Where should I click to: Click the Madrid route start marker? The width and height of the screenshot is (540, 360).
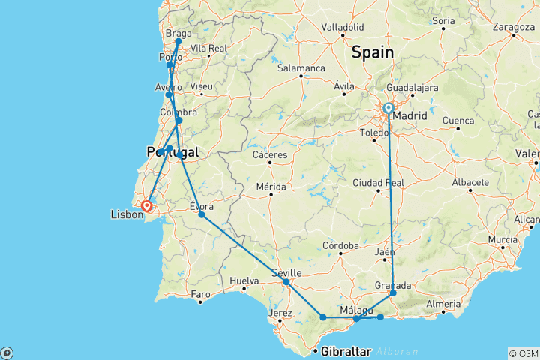point(388,109)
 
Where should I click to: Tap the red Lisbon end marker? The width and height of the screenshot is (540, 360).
point(146,204)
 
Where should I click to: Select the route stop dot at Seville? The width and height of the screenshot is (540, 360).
point(286,282)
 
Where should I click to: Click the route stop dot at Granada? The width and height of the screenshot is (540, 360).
point(393,293)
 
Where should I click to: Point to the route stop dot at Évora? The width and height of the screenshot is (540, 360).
point(202,214)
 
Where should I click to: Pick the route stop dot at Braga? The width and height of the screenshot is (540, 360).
point(178,42)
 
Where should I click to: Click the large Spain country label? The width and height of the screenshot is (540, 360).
point(373,52)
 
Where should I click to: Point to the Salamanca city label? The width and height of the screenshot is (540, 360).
point(301,67)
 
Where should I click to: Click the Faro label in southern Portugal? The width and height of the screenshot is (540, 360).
point(200,293)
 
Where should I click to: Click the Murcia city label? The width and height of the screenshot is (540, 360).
point(502,240)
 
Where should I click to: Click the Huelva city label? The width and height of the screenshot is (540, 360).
point(244,281)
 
